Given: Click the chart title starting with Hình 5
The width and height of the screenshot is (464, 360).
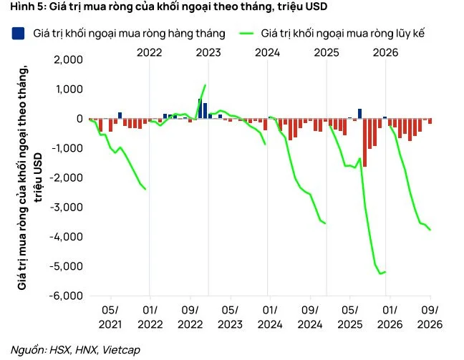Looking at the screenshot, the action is click(169, 6).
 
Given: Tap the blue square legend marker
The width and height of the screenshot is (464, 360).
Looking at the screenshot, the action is click(18, 33).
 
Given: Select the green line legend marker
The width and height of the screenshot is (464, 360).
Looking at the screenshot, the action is click(246, 33).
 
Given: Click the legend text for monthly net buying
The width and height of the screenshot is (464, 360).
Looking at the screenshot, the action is click(129, 34).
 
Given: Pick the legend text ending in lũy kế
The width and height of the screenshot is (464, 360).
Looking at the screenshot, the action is click(343, 34).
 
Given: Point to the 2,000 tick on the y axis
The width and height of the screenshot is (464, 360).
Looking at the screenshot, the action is click(68, 59).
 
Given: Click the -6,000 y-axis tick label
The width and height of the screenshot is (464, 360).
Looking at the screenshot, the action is click(66, 296).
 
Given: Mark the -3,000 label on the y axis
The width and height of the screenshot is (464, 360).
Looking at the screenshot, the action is click(66, 207).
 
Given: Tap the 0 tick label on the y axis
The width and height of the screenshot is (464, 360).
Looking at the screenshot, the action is click(79, 119).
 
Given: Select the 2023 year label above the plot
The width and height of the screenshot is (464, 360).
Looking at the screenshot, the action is click(208, 53).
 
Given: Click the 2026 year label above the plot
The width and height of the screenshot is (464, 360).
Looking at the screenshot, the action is click(385, 53).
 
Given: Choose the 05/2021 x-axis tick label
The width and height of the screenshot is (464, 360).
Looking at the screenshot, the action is click(110, 317).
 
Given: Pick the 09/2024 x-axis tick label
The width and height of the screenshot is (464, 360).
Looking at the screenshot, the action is click(310, 317).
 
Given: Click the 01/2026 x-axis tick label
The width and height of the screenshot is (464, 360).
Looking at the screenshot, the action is click(390, 317).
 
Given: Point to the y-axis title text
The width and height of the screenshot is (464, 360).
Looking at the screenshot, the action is click(30, 177).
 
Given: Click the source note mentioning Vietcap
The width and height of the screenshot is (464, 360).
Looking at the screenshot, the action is click(75, 350).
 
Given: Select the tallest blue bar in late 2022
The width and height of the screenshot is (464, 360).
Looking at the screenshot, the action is click(200, 109).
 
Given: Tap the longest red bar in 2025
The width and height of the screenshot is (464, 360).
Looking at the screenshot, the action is click(364, 142).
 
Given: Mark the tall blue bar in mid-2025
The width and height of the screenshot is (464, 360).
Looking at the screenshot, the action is click(360, 114).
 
